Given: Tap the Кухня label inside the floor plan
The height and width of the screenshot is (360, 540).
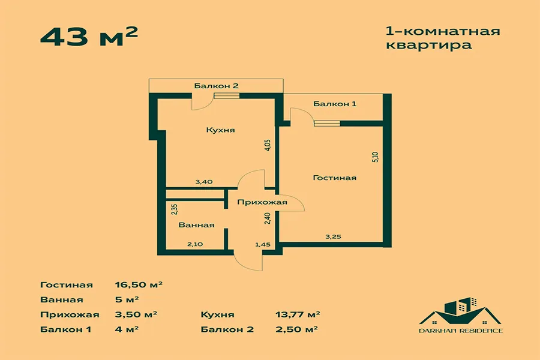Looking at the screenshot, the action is point(220,130).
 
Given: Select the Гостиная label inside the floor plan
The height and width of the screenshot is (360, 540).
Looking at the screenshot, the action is point(334,178).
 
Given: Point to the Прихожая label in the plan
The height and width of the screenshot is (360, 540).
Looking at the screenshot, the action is point(262,202).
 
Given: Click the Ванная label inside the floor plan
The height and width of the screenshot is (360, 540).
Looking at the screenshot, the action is point(196,225).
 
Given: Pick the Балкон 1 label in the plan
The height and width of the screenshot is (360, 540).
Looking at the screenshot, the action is point(334,104).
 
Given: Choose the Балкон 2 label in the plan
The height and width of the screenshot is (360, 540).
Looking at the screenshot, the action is point(216,86).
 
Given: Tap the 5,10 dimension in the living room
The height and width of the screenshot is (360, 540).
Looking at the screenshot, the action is point(376,157).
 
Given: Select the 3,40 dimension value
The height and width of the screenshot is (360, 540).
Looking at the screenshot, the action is point(204,182).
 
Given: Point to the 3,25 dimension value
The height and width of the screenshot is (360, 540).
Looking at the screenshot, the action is point(333,236).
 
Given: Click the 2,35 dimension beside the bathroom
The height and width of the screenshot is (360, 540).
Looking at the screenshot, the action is point(174,209).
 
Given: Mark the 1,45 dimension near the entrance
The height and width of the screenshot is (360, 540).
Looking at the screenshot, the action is point(262,245).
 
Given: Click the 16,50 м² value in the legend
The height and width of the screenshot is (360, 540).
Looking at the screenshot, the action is point(139,285).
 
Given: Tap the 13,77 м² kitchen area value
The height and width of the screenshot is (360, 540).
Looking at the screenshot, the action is point(298,314).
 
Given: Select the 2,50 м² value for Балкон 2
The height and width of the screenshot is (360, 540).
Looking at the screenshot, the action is point(296,329).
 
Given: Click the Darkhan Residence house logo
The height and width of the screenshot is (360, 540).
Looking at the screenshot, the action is point(460,315).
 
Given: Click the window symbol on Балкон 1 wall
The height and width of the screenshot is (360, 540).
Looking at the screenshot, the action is point(327,124).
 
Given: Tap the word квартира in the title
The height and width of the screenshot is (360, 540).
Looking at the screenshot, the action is point(429,46).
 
